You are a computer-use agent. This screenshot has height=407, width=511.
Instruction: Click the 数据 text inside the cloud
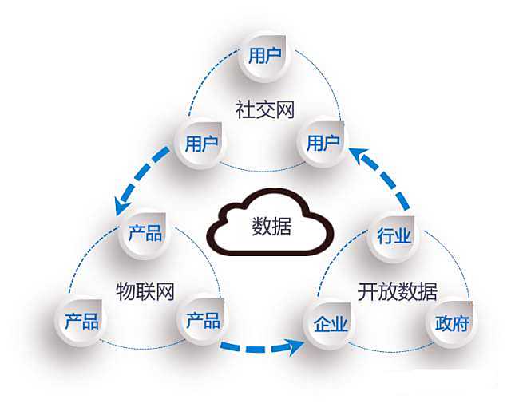click(271, 226)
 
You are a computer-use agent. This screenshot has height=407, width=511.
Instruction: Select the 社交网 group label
click(259, 109)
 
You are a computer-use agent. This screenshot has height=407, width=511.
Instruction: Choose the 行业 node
click(393, 236)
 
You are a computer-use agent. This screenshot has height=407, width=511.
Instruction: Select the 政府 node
click(451, 324)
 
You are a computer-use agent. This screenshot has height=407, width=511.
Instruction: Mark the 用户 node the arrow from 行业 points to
click(323, 144)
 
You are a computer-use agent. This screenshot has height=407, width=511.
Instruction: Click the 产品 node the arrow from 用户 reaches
click(145, 233)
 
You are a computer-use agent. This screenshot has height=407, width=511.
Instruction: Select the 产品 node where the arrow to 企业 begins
click(202, 321)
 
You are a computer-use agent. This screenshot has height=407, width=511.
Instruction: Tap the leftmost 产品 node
click(81, 321)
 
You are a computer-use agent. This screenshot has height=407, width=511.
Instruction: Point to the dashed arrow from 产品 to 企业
click(259, 347)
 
